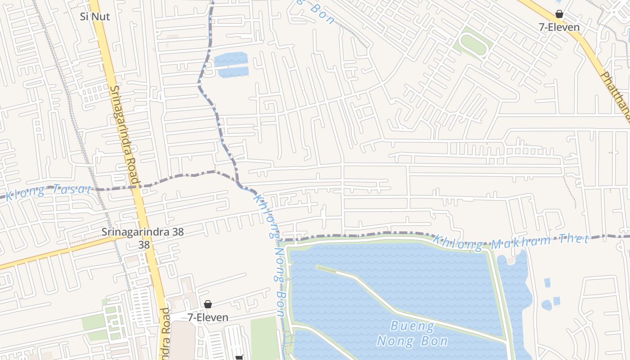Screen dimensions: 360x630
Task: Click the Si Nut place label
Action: point(95,17)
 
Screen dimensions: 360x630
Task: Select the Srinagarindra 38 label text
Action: point(142,232)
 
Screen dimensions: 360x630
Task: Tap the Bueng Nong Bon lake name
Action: point(412,333)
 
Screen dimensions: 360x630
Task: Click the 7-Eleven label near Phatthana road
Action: point(559,27)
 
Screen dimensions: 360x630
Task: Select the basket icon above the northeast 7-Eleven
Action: point(559,14)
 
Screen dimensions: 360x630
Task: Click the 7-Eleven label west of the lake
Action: point(208,317)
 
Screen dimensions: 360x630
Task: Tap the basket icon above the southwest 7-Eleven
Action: point(208,305)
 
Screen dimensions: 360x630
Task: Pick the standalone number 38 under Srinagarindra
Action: point(144,245)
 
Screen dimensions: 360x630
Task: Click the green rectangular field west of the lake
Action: point(265,337)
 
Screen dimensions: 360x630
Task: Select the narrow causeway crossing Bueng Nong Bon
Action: point(405,310)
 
